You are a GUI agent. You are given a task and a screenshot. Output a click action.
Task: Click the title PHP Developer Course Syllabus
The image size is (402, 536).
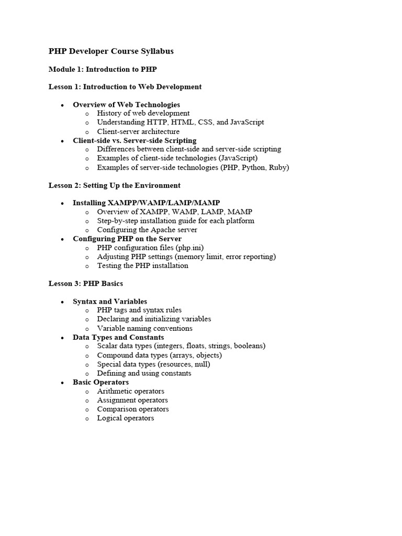(x=111, y=51)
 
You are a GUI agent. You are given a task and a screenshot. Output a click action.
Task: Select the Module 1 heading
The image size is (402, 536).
(x=103, y=69)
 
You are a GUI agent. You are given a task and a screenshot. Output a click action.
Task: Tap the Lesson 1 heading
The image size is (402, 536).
(x=125, y=87)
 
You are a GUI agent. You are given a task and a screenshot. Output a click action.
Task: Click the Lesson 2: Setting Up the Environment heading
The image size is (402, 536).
(x=115, y=185)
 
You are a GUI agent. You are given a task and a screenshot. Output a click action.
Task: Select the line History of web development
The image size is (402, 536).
(x=143, y=114)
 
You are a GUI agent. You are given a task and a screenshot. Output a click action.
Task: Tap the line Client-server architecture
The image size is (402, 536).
(x=138, y=131)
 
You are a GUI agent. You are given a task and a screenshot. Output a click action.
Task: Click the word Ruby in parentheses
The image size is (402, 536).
(x=278, y=167)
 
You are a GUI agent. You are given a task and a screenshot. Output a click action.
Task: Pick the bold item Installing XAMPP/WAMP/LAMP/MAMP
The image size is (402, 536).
(x=146, y=203)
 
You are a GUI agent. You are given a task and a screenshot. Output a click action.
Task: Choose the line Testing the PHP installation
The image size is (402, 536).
(x=142, y=266)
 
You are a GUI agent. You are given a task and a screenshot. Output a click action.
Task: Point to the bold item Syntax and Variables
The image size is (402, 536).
(x=109, y=301)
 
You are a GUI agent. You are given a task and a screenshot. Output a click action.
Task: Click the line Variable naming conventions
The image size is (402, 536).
(x=144, y=329)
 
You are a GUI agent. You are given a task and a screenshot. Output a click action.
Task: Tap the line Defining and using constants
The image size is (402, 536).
(x=144, y=373)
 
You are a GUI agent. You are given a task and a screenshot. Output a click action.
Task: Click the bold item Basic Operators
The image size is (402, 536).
(x=100, y=382)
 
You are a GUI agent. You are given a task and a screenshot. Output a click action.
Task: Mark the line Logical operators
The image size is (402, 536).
(x=126, y=418)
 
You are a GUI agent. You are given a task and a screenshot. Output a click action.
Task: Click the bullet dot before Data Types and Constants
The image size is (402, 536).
(x=62, y=338)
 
